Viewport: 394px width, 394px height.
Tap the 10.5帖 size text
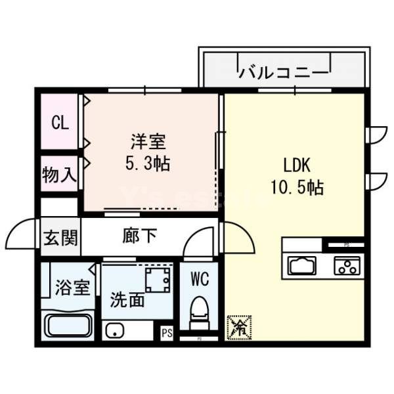[295, 187]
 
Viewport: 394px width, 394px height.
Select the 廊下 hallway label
[140, 235]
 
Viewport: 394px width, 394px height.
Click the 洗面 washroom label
[127, 301]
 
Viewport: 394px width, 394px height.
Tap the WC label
[199, 280]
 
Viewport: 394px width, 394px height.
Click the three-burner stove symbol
[345, 266]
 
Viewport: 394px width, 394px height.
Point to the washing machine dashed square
[158, 281]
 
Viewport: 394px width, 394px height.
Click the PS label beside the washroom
[167, 332]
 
